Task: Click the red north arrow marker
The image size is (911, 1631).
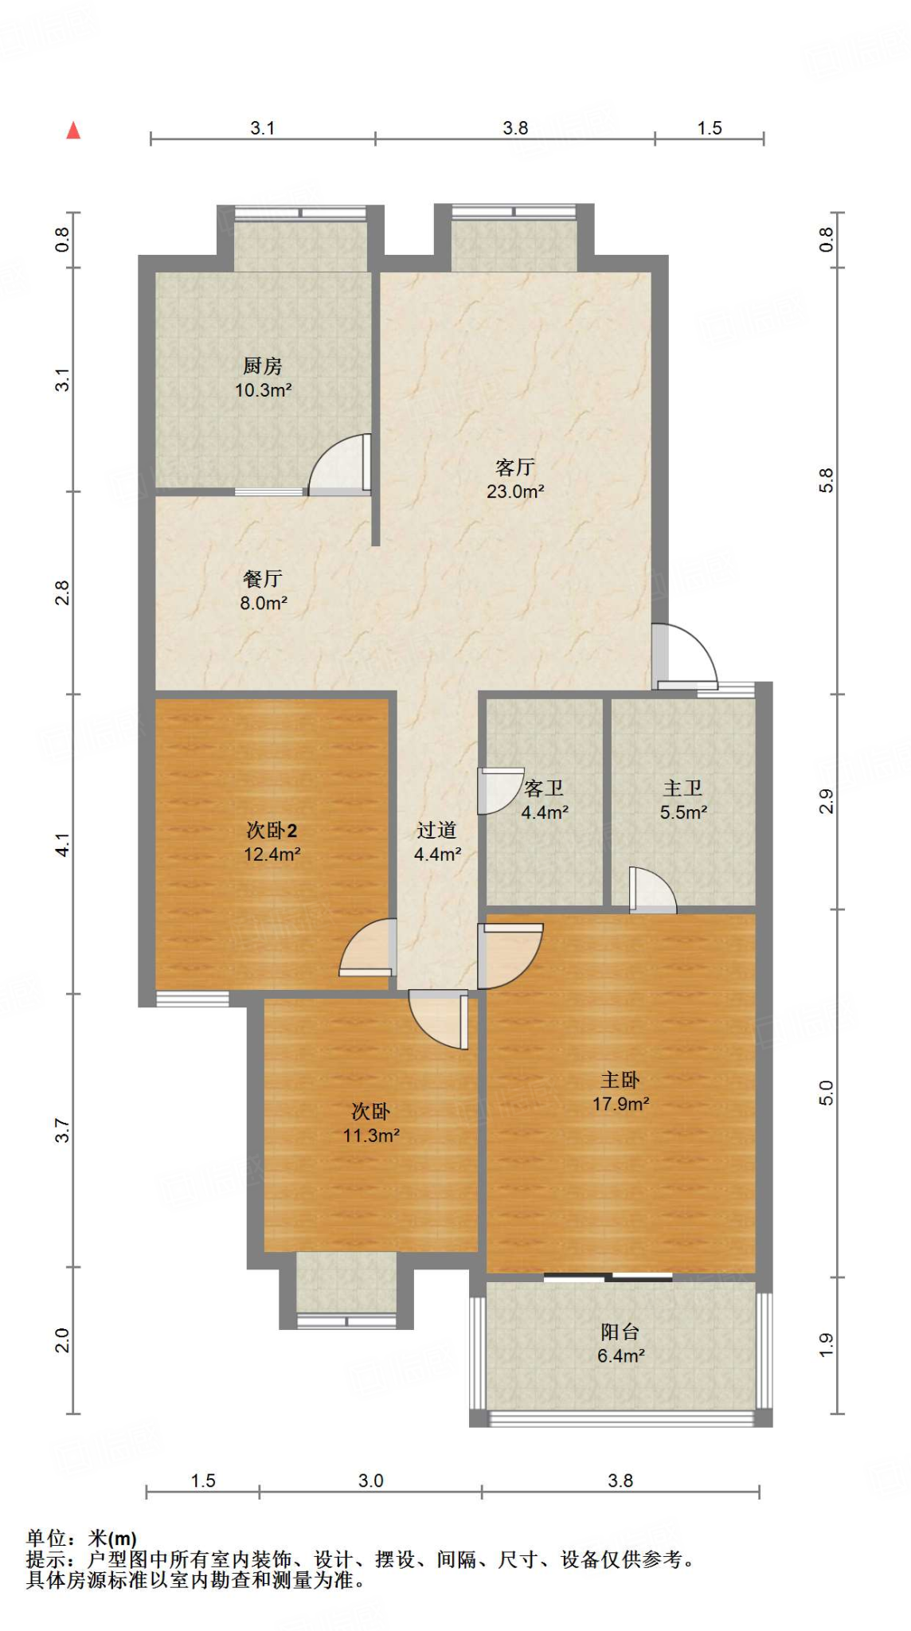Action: [x=73, y=130]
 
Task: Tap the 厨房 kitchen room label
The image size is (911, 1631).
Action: [x=263, y=366]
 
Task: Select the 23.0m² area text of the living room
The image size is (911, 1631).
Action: [x=515, y=491]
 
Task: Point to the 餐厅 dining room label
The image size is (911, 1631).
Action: [x=263, y=579]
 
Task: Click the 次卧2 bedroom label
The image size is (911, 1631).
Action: [x=272, y=831]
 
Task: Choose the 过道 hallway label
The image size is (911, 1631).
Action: [x=436, y=831]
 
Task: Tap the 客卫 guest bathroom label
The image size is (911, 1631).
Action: [x=544, y=788]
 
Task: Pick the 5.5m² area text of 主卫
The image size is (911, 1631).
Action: [x=683, y=812]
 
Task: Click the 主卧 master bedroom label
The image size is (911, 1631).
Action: [x=620, y=1080]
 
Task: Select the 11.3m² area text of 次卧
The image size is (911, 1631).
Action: [x=371, y=1136]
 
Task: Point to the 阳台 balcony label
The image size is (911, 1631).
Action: [x=620, y=1332]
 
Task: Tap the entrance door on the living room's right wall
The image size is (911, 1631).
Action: [x=685, y=656]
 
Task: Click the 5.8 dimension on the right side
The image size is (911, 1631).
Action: [x=826, y=480]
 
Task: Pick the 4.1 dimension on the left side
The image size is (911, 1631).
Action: [x=62, y=844]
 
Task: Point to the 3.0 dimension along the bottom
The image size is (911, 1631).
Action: [x=370, y=1480]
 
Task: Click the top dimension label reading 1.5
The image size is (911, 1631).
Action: [x=710, y=128]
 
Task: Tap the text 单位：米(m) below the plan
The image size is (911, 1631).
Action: [x=81, y=1539]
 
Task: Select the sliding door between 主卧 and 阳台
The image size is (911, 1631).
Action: [x=608, y=1277]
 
